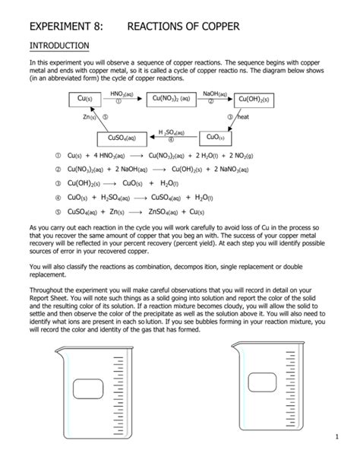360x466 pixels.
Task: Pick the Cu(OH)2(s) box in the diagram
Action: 254,99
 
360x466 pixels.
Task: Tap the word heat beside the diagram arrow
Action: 244,118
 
